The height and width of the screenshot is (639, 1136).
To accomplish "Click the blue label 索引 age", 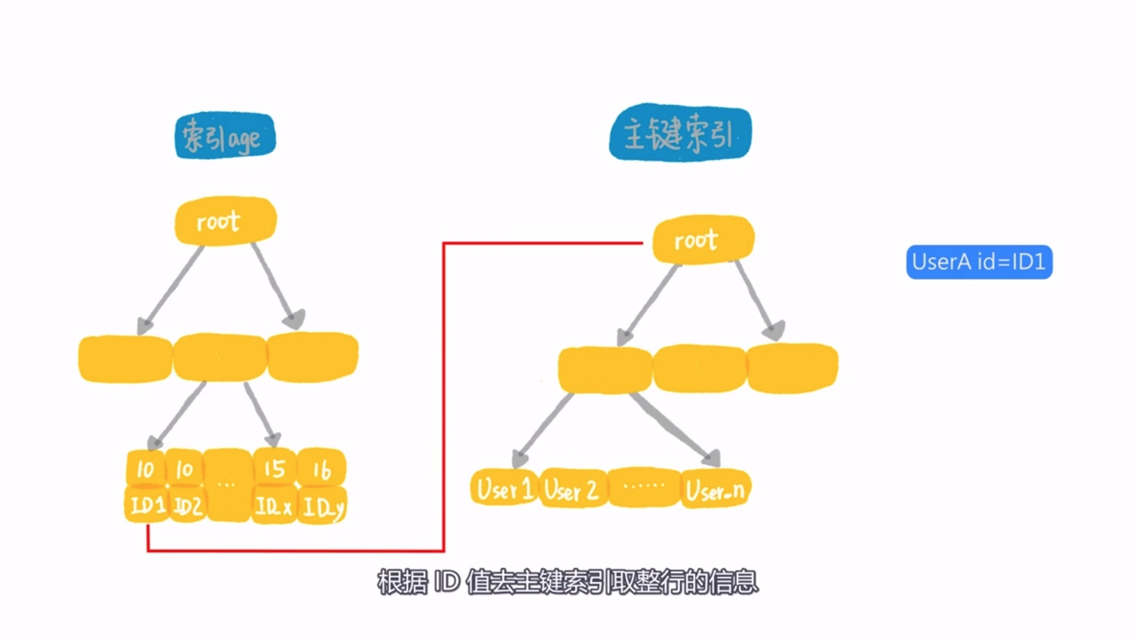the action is [x=225, y=136].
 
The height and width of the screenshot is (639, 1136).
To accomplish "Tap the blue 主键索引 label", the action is [x=680, y=133].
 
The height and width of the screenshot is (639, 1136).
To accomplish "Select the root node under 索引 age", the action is [x=225, y=221].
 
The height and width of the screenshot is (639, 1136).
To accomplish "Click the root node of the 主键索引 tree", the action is [x=703, y=240].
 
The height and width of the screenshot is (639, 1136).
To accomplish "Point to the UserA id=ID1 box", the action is [x=979, y=262].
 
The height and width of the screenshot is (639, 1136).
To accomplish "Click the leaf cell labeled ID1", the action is [x=146, y=505].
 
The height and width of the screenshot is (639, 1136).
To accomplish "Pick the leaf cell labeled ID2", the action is [x=186, y=505].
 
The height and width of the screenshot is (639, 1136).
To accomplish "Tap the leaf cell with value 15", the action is [x=274, y=469].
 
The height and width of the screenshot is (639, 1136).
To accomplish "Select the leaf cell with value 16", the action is [x=321, y=469].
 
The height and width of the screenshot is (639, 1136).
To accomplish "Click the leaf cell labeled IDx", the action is [x=274, y=506].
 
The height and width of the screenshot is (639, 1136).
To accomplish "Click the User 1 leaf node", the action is [x=504, y=488].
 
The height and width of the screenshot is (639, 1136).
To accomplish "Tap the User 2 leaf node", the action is [x=572, y=489].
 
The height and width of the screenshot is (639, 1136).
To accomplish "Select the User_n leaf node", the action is [x=715, y=489].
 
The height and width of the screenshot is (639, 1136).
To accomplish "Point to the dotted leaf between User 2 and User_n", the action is [x=644, y=487].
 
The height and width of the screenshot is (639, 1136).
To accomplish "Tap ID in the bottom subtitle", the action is [x=446, y=581].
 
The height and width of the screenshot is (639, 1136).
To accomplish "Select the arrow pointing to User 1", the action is [x=542, y=430].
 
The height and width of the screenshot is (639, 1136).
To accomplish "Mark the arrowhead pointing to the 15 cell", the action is [x=274, y=440].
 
